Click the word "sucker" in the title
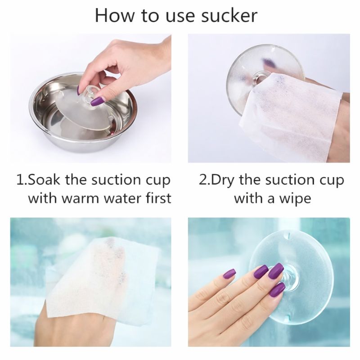point(229,16)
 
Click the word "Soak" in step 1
point(44,180)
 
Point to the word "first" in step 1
point(159,198)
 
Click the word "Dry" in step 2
point(222,180)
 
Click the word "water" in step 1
point(123,198)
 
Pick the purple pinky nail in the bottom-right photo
point(229,273)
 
